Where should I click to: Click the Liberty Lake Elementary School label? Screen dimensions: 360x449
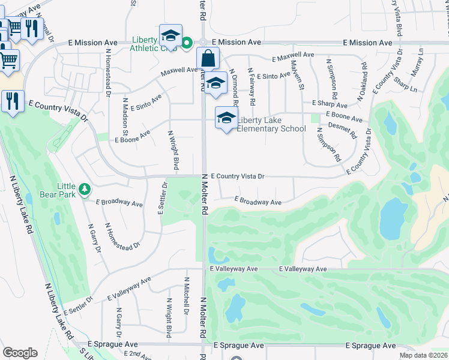pos(271,124)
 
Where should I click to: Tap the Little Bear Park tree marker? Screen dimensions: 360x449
pos(85,190)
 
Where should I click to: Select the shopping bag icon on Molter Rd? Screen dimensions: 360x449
pos(208,59)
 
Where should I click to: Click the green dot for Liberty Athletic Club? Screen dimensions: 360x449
pos(187,43)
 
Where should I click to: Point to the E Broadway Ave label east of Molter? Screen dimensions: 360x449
pos(258,202)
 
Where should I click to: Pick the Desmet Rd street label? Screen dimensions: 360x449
pos(342,130)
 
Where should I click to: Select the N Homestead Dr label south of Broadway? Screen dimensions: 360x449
pos(122,236)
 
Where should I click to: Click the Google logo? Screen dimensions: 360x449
pos(20,353)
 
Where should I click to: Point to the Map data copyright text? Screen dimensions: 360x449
pos(423,355)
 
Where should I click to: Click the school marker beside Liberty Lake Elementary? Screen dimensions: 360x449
pos(226,118)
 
